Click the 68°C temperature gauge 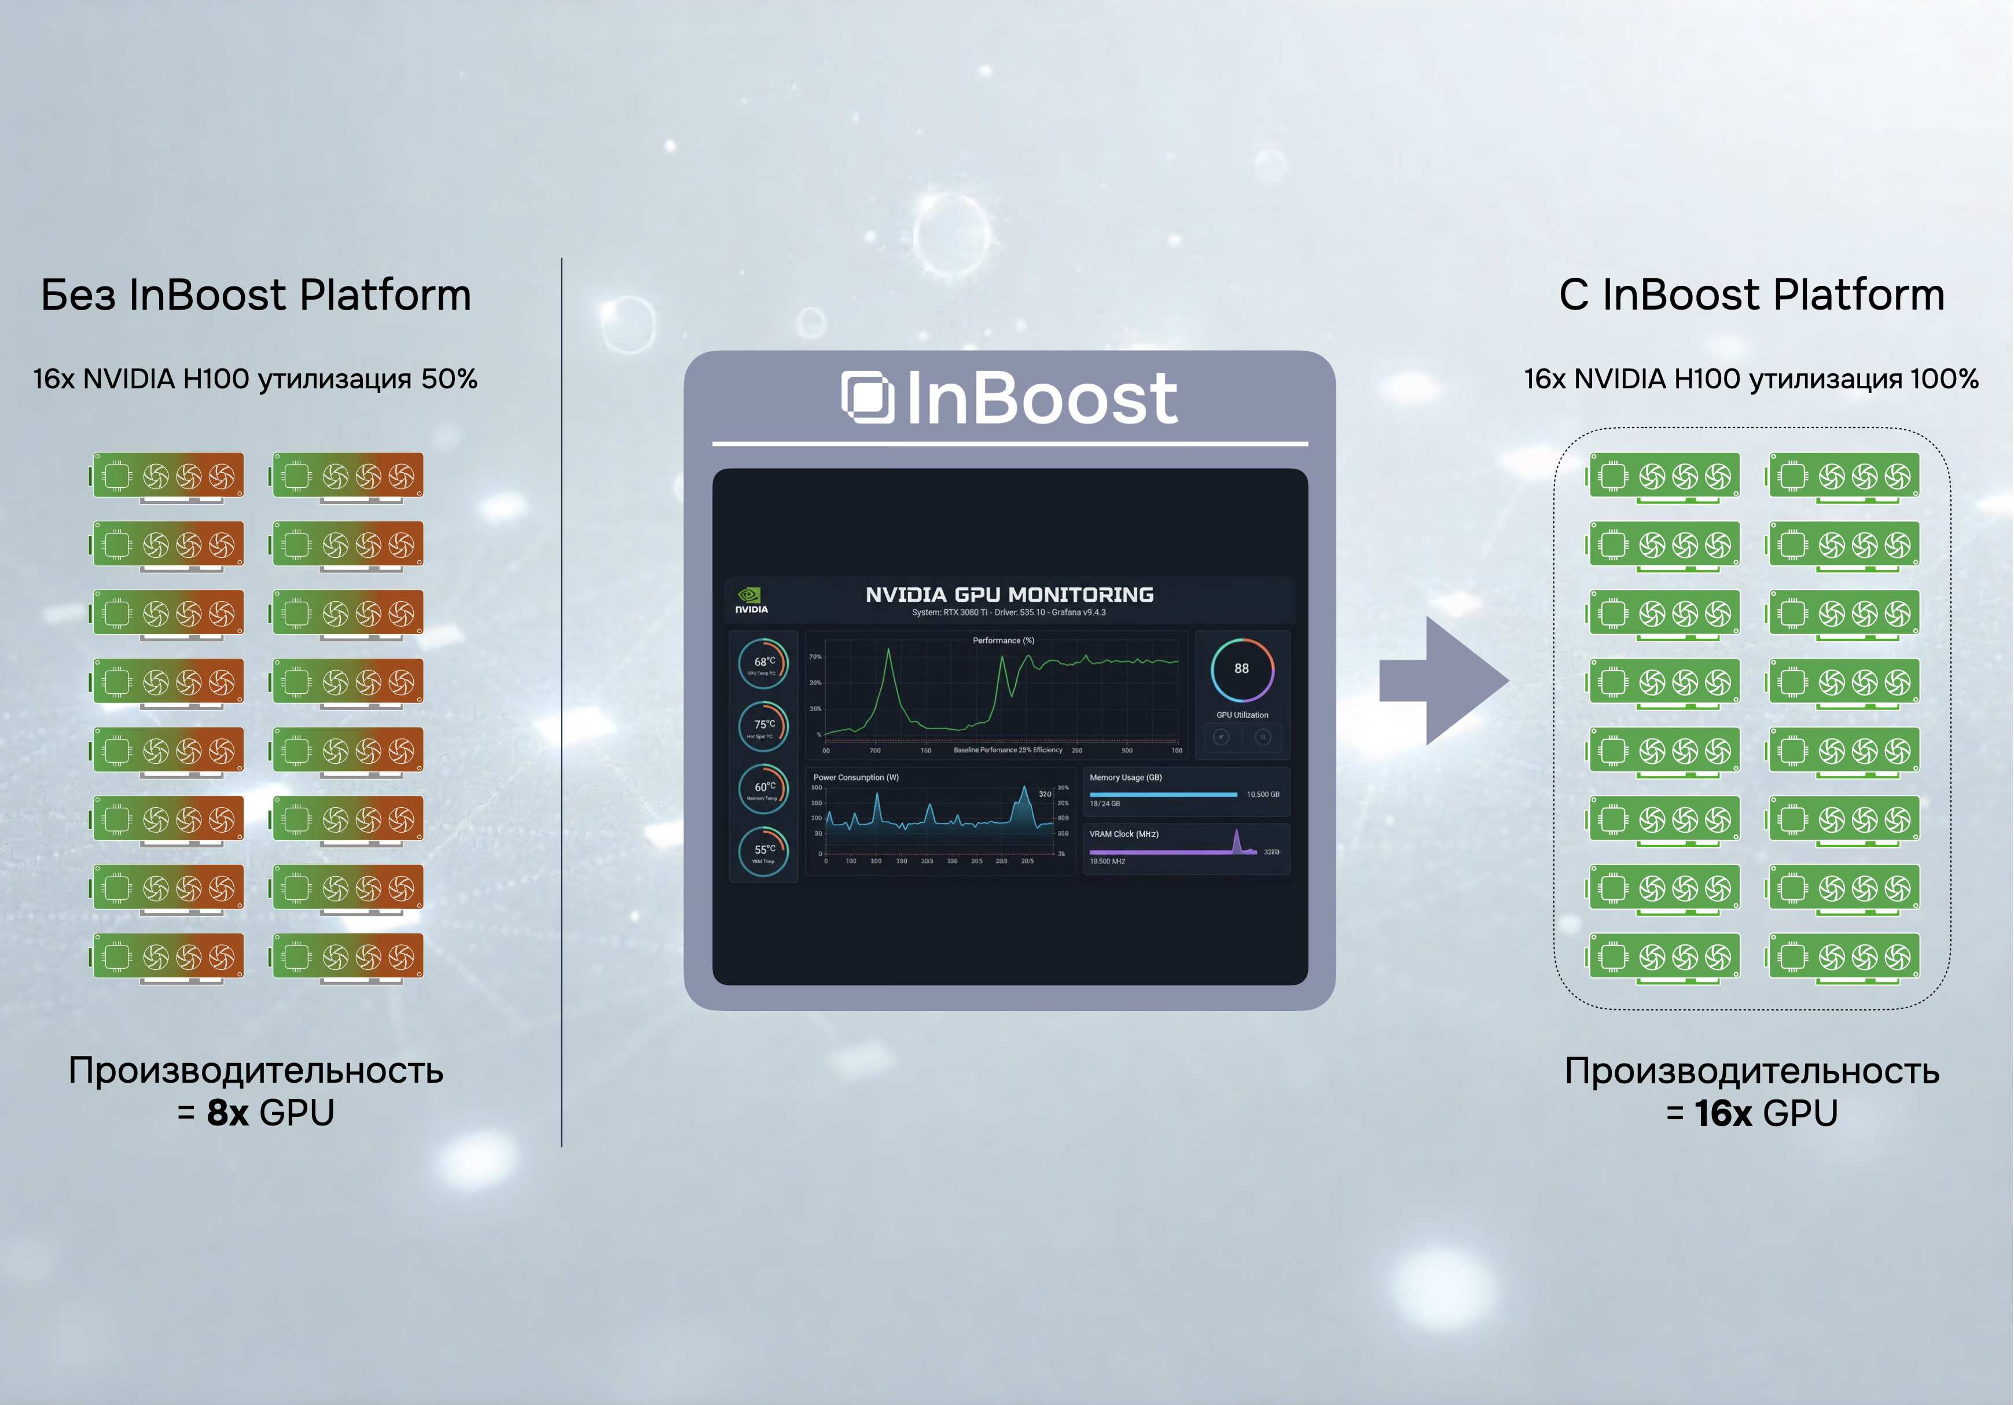(763, 664)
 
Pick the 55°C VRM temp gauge (763, 851)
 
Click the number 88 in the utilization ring (1241, 668)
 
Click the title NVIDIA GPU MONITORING (1009, 595)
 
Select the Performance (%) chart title (1004, 640)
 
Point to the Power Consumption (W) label (855, 777)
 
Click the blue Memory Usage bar (1162, 795)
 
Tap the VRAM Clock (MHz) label (1124, 834)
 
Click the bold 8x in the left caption (228, 1113)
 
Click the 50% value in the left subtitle (449, 379)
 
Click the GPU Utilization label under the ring (1241, 715)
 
